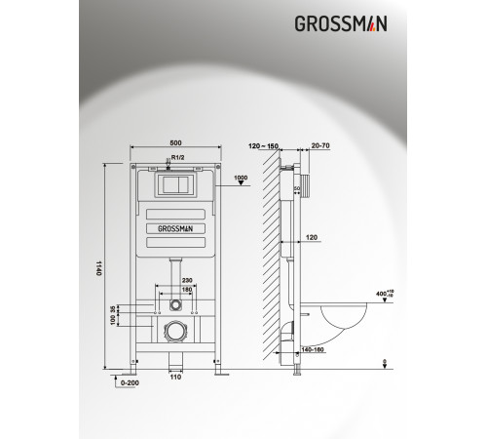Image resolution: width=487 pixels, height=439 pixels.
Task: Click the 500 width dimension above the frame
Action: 174,142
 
